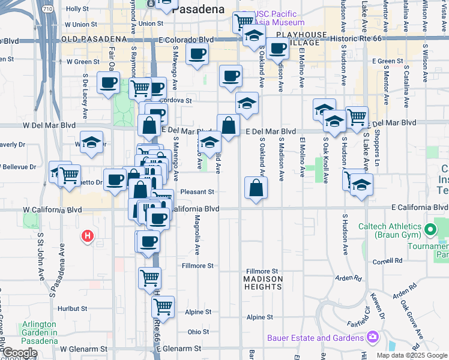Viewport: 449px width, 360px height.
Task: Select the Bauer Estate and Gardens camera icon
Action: click(372, 338)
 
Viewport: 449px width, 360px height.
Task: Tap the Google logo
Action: click(20, 353)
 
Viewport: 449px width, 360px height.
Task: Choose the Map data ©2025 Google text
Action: click(412, 355)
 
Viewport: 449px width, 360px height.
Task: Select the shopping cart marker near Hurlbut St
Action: click(163, 306)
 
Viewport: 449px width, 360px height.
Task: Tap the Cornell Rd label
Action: click(387, 261)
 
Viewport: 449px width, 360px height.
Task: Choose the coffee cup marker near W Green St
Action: click(108, 83)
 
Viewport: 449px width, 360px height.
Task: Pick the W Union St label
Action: click(80, 25)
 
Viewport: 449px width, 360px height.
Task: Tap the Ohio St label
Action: click(198, 332)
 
